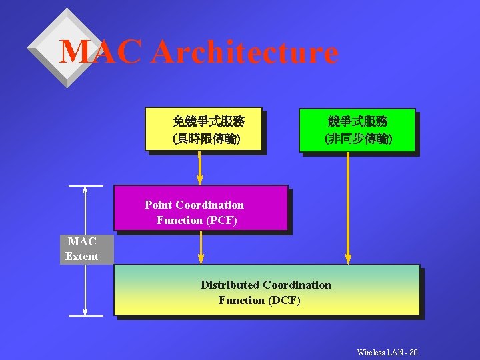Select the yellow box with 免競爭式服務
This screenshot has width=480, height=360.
(203, 129)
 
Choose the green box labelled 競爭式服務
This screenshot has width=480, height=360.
(357, 130)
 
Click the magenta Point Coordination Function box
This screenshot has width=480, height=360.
(201, 208)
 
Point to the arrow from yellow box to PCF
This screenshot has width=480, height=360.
(199, 168)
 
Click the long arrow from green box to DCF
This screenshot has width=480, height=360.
(347, 207)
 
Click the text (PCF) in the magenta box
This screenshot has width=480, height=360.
(221, 220)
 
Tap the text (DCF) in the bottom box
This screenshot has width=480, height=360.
(285, 301)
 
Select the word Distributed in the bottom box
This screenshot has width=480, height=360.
(230, 285)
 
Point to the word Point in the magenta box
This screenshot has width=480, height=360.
(159, 205)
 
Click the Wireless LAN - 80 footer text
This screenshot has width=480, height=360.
(387, 352)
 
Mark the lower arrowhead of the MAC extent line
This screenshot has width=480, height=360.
(85, 311)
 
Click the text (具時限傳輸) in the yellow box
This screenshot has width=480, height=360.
(207, 139)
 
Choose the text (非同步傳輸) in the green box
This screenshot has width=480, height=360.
(358, 139)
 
